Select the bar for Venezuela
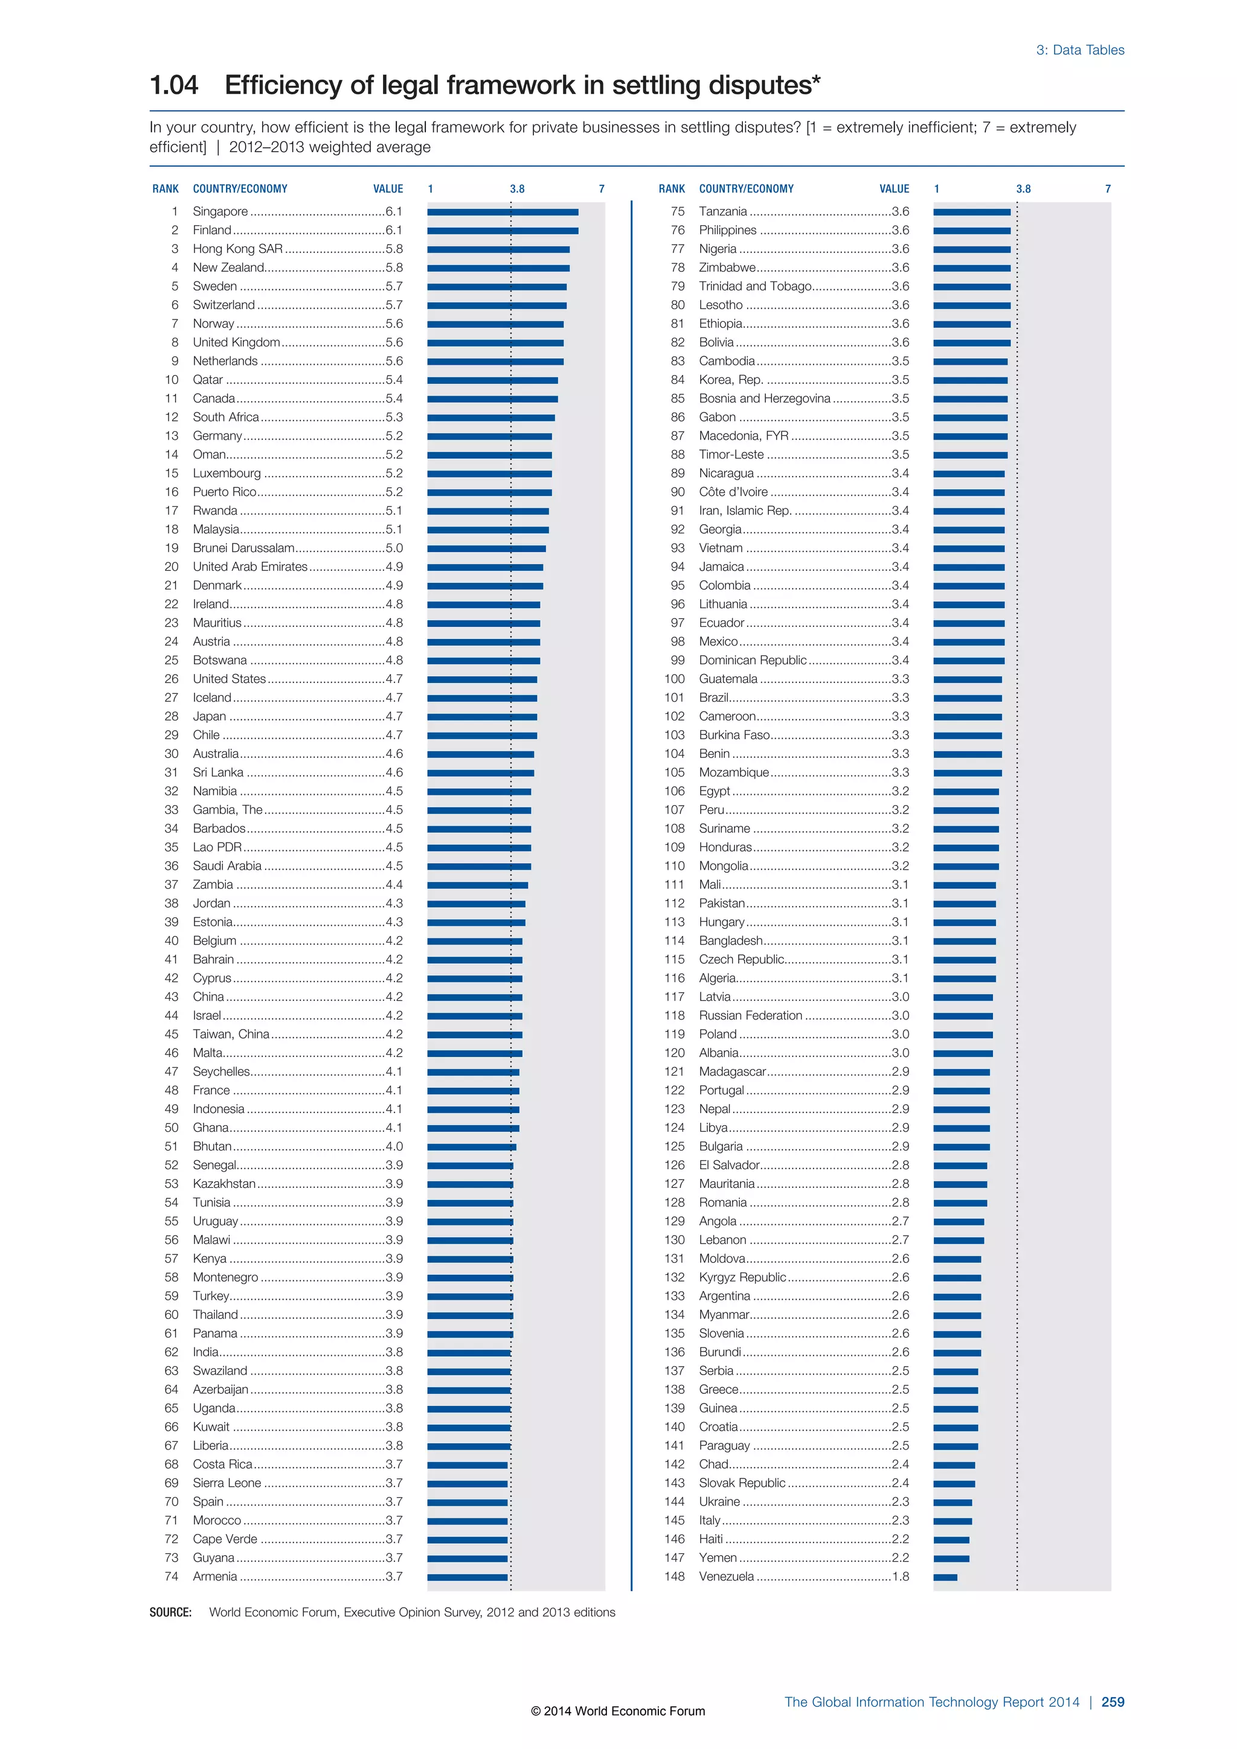pos(945,1577)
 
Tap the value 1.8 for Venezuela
pos(901,1576)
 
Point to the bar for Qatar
pos(492,380)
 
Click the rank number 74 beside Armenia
pos(172,1576)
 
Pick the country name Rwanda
pos(215,510)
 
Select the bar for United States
pos(482,679)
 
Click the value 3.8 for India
pos(394,1352)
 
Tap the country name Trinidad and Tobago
pos(755,286)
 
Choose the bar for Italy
pos(952,1521)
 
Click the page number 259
pos(1112,1702)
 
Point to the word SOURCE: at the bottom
pos(170,1612)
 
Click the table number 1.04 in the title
pos(174,85)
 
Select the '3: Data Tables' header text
pos(1079,50)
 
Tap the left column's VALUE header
pos(388,189)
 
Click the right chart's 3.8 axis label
pos(1023,189)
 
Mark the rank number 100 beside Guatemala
pos(674,679)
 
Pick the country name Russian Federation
pos(750,1015)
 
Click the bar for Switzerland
pos(496,306)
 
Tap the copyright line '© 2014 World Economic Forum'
pos(618,1711)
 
